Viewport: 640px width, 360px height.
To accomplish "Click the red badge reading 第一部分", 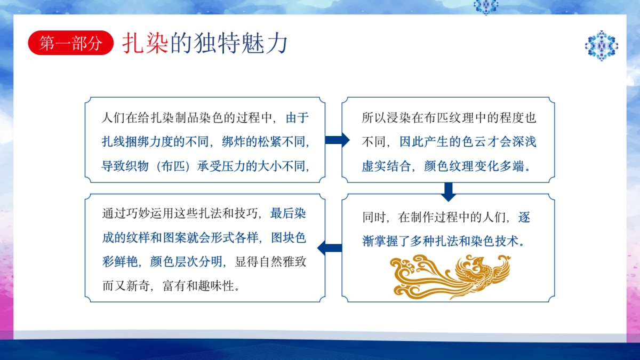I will [70, 43].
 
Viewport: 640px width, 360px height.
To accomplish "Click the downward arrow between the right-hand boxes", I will [448, 191].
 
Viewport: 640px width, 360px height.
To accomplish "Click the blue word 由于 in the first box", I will [298, 118].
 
